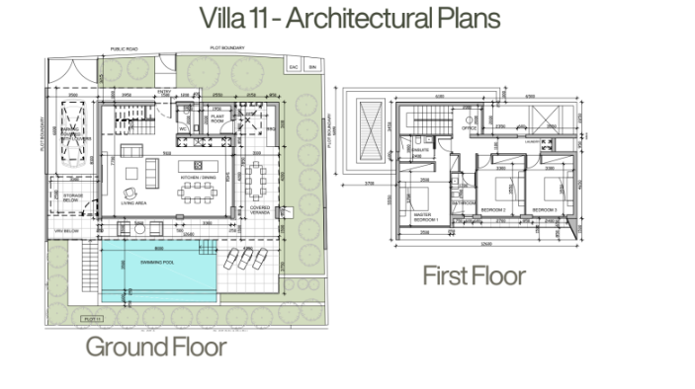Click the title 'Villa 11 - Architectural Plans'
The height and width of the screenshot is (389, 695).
tap(349, 19)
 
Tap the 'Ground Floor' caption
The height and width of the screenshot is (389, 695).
tap(155, 347)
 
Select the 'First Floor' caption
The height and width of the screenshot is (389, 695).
tap(474, 274)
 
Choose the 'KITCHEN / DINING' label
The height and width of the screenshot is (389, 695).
tap(197, 178)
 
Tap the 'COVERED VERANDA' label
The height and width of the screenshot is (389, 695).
tap(261, 209)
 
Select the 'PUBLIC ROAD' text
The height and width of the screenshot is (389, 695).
tap(124, 47)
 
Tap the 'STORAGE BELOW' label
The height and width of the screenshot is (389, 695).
tap(72, 198)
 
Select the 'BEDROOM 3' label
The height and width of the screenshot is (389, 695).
tap(545, 210)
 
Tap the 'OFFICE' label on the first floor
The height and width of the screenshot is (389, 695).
tap(470, 128)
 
